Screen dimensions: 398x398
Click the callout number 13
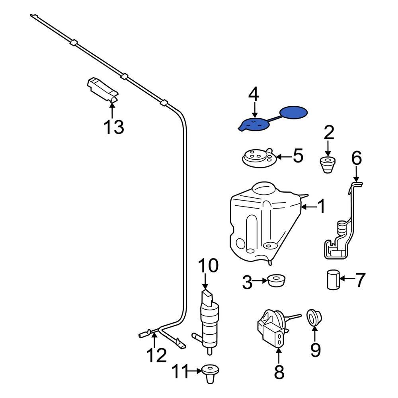coord(114,127)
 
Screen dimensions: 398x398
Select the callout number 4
coord(254,94)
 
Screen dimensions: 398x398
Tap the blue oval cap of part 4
coord(293,113)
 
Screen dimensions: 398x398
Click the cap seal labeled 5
coord(258,158)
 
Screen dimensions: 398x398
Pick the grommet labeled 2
coord(328,165)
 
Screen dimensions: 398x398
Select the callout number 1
coord(321,206)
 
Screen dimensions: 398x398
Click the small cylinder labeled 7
coord(333,279)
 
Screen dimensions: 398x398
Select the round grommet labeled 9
coord(314,317)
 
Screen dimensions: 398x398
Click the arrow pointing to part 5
coord(284,157)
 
